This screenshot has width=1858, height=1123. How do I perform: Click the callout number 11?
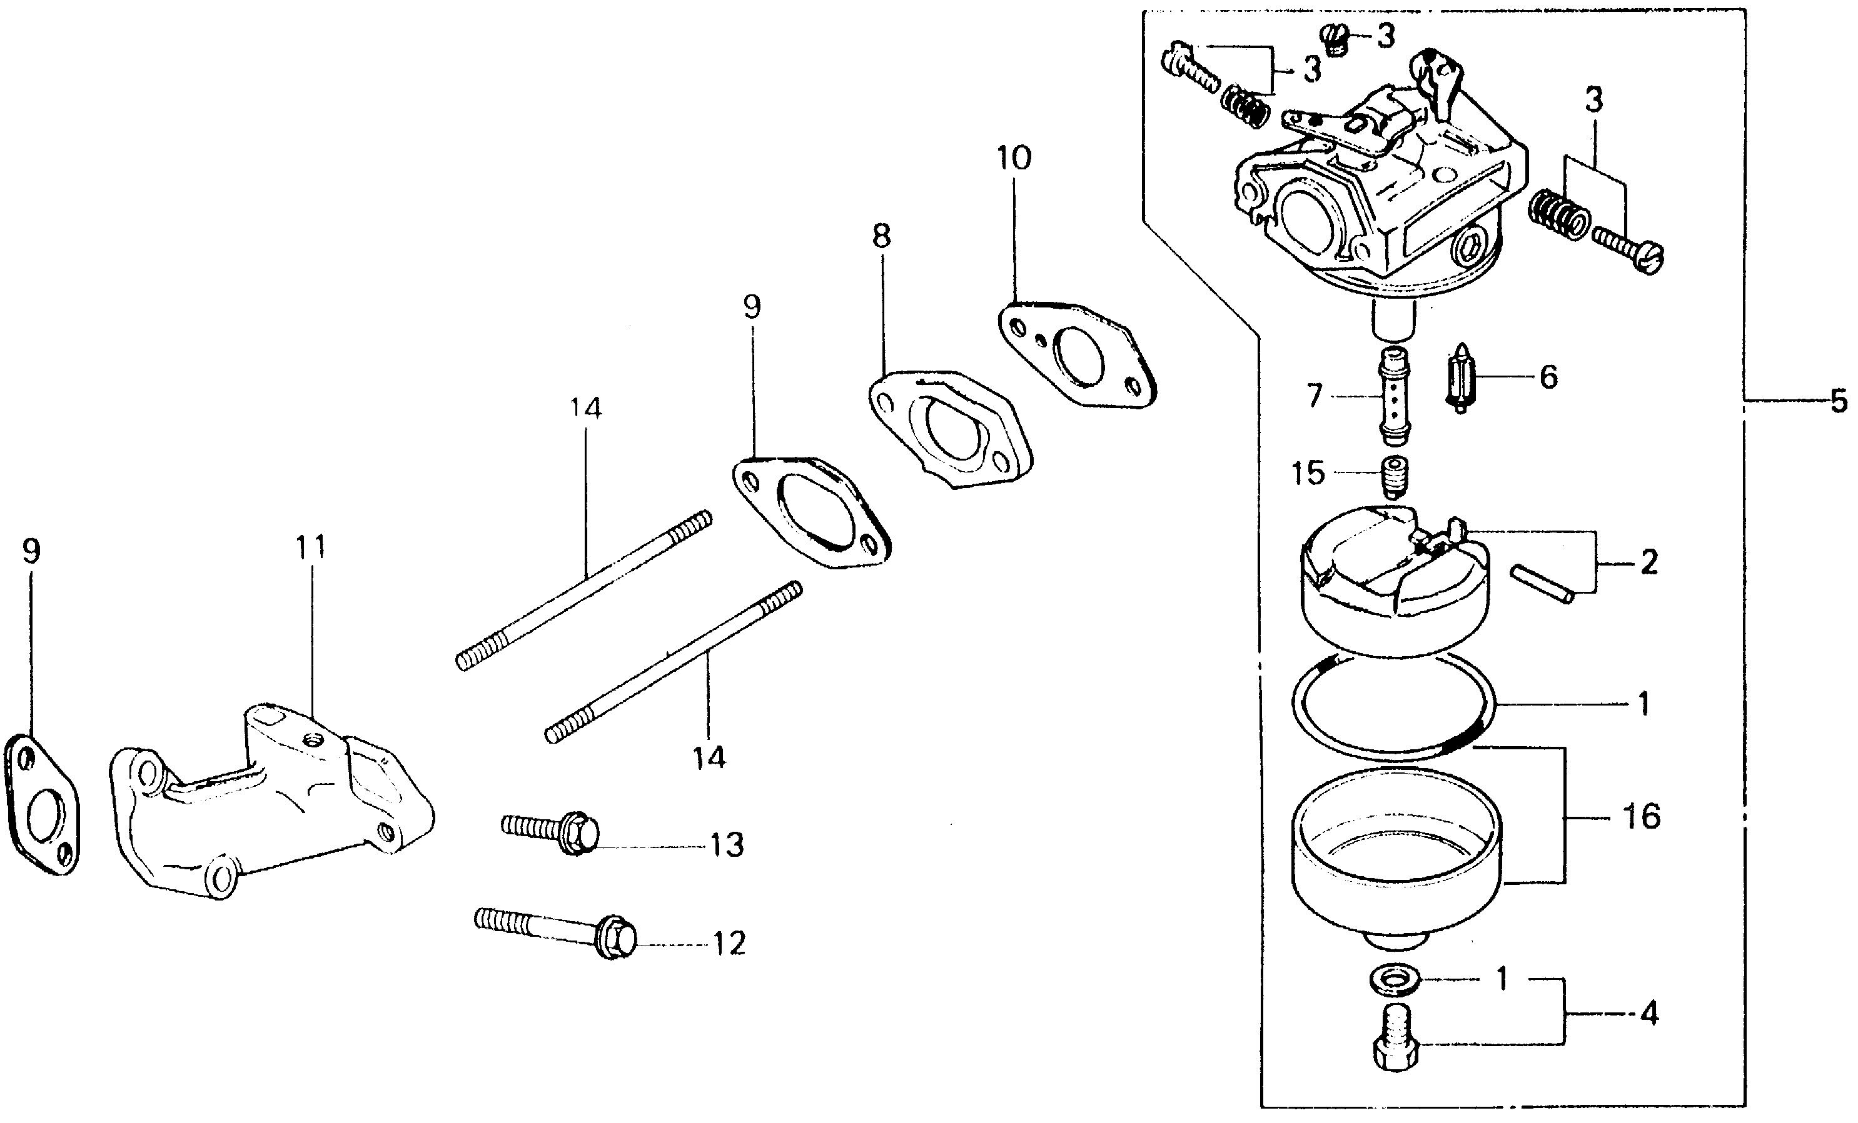pyautogui.click(x=311, y=547)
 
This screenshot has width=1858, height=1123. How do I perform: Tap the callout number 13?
pyautogui.click(x=726, y=845)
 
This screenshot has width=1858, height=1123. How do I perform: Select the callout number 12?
pyautogui.click(x=729, y=943)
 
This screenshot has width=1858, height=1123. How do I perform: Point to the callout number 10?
pyautogui.click(x=1014, y=158)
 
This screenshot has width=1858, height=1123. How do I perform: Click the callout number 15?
pyautogui.click(x=1308, y=473)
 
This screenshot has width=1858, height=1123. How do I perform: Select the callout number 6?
pyautogui.click(x=1548, y=377)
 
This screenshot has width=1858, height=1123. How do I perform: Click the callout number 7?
pyautogui.click(x=1315, y=396)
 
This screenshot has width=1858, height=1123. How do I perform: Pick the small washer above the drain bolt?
pyautogui.click(x=1394, y=979)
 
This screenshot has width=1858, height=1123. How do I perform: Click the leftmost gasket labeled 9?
pyautogui.click(x=43, y=805)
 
